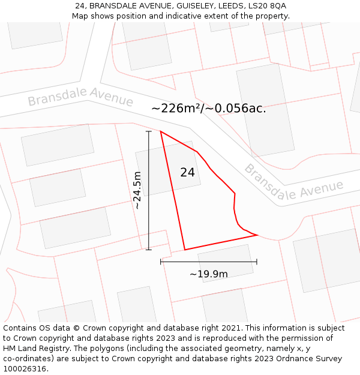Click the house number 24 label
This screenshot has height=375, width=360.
[x=187, y=172]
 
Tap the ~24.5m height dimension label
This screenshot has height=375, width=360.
[x=137, y=190]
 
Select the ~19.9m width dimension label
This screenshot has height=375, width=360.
[x=209, y=274]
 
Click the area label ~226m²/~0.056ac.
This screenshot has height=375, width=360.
[x=208, y=109]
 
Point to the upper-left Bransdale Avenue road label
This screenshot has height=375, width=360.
[x=80, y=97]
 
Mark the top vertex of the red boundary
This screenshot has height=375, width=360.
[x=161, y=131]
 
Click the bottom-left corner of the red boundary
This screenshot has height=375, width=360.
[x=184, y=250]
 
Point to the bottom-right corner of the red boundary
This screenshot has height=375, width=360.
[x=257, y=235]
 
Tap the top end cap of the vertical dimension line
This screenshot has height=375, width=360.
[x=149, y=131]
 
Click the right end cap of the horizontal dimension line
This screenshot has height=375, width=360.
[x=257, y=262]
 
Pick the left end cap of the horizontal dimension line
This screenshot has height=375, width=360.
[x=161, y=262]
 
